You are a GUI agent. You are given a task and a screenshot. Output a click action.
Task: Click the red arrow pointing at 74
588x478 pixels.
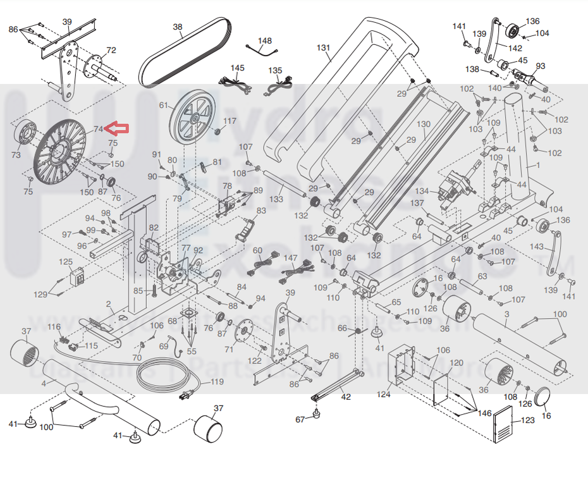pos(117,129)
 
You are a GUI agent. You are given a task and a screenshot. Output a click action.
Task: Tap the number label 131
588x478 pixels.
pos(324,47)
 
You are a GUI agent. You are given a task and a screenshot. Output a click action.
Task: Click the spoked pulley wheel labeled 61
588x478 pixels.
pos(192,118)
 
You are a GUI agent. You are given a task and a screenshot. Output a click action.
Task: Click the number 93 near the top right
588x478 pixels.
pos(540,66)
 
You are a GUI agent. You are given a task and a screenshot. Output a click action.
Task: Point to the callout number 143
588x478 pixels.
pos(536,247)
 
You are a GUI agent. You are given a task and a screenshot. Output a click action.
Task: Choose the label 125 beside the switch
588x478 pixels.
pos(66,261)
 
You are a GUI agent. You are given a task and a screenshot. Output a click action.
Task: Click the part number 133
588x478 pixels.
pos(276,199)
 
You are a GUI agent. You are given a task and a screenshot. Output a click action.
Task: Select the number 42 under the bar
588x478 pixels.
pos(345,397)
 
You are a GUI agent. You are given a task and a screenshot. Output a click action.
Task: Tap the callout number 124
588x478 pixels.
pos(384,395)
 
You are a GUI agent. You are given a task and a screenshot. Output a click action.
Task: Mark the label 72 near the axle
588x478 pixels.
pos(111,50)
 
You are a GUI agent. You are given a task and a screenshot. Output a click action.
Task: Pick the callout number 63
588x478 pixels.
pos(482,276)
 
